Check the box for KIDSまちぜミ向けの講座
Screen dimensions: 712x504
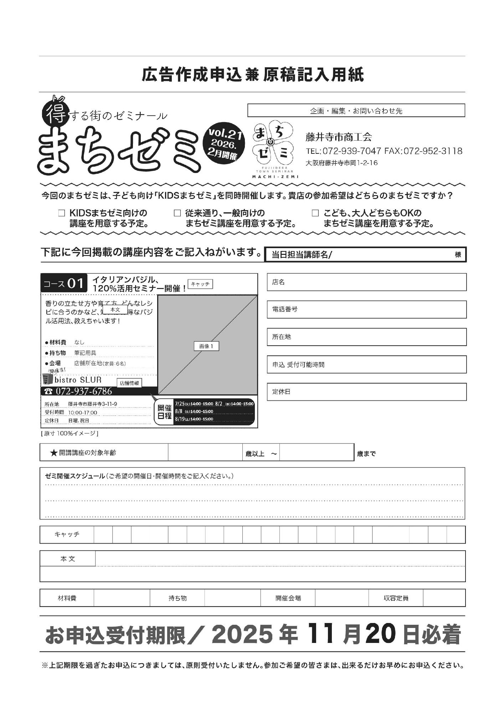[x=62, y=213]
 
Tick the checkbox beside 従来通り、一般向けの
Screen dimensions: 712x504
[x=177, y=213]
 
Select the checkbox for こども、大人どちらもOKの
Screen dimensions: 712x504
[x=315, y=213]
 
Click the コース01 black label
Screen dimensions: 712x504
[x=64, y=283]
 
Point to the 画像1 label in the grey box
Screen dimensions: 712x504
[x=206, y=346]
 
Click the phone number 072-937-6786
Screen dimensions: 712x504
[x=84, y=391]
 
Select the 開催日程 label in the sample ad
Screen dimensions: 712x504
[x=164, y=412]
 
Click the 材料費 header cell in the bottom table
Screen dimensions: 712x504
[x=67, y=598]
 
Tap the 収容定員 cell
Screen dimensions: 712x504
[x=396, y=598]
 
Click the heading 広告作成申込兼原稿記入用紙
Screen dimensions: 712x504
[x=252, y=75]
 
